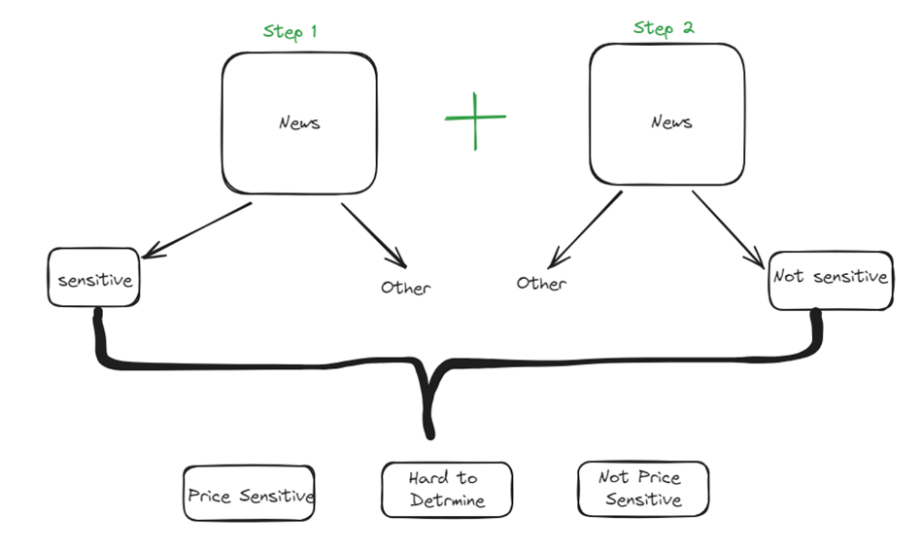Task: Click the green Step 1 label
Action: (290, 31)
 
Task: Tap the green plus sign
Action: (475, 119)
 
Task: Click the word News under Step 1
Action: (299, 123)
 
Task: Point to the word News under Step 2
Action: (671, 121)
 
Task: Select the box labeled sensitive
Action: (94, 279)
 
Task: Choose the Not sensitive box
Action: (830, 279)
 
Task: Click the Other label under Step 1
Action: (405, 288)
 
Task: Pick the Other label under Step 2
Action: (541, 284)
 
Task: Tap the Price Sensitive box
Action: (250, 496)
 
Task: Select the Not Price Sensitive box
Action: (642, 488)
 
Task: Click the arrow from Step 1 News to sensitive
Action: (197, 230)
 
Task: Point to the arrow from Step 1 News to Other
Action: (373, 234)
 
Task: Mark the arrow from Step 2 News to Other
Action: (586, 228)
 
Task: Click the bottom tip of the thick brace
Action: (427, 433)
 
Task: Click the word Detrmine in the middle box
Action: (446, 501)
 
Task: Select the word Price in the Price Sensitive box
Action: (209, 497)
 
